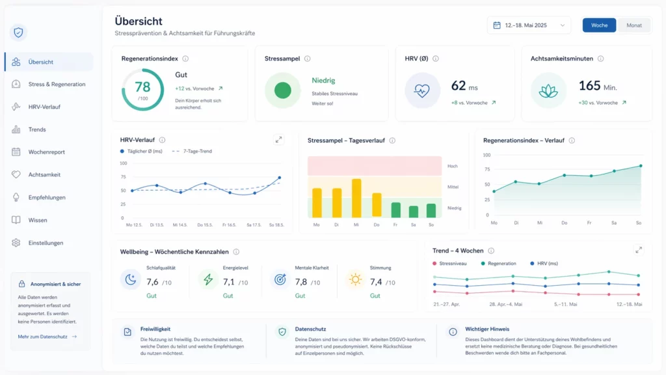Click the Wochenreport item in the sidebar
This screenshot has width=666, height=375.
[46, 152]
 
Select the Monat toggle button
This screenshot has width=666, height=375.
[633, 25]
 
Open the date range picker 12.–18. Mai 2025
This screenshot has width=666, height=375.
[528, 25]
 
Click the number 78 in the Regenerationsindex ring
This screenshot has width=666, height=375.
[142, 87]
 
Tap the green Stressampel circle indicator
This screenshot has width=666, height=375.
[282, 90]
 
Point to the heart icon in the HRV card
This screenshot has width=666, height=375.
[422, 90]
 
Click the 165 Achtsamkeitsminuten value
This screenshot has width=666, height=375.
[589, 86]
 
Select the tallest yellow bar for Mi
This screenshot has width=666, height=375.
[356, 198]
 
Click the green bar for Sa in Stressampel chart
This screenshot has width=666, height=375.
[414, 212]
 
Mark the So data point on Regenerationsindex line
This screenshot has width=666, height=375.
[641, 166]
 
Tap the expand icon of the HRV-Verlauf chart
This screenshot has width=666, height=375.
[279, 139]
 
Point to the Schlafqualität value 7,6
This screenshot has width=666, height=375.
[153, 282]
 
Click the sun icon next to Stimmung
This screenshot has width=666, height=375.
[355, 279]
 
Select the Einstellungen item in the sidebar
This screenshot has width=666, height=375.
[46, 243]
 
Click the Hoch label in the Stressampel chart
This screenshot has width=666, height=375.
[453, 166]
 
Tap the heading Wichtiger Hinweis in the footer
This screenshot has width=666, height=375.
[487, 329]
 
